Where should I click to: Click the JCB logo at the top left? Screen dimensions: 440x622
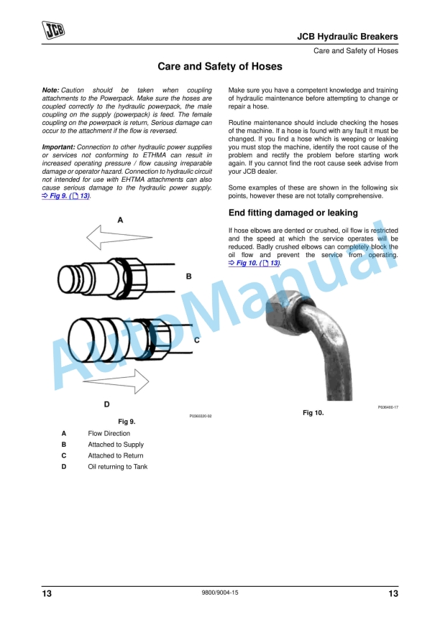click(x=53, y=30)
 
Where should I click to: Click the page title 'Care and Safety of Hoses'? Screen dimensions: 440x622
click(x=220, y=66)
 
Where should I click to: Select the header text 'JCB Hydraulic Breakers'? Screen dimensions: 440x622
click(x=347, y=37)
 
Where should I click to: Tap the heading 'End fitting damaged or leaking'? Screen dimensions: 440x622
click(x=293, y=213)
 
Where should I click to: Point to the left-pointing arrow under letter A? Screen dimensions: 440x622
click(x=119, y=238)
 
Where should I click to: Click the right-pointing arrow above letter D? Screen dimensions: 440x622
click(x=116, y=381)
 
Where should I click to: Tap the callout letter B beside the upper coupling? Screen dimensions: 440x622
click(x=189, y=277)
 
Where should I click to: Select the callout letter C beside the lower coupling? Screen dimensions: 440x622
click(x=196, y=340)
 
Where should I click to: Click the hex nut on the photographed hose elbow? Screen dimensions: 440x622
click(x=283, y=310)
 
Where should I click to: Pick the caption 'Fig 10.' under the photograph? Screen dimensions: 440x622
click(x=313, y=413)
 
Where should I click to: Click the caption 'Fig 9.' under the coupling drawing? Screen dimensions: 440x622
click(x=127, y=422)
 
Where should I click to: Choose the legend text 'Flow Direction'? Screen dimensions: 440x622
click(x=109, y=434)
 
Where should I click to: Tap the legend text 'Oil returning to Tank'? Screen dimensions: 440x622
click(x=117, y=467)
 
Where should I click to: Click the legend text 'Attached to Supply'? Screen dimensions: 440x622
click(x=116, y=445)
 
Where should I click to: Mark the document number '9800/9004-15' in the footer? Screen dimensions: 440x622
click(x=220, y=593)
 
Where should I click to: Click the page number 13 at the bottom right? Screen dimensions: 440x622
click(x=393, y=593)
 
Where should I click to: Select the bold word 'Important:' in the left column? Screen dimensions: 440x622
click(x=58, y=147)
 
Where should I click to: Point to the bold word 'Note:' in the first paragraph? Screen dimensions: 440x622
click(x=50, y=90)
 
